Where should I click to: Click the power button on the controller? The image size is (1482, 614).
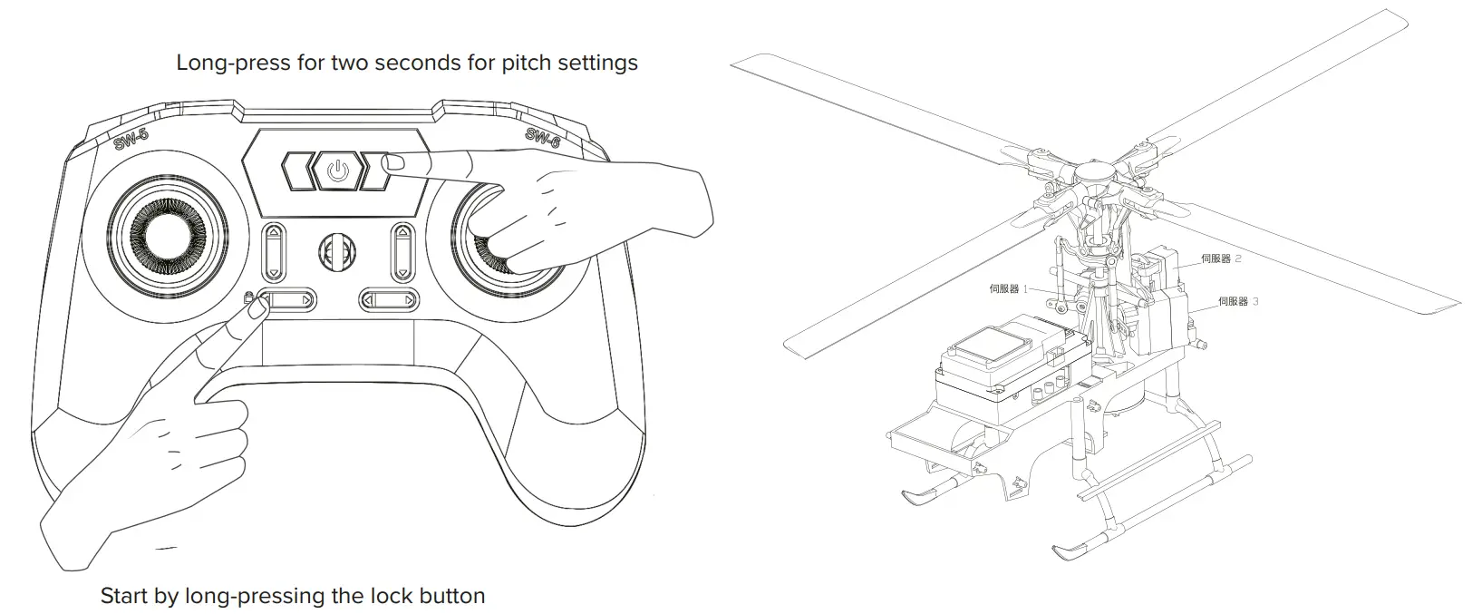[337, 171]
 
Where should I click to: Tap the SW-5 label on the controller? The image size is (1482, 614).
[132, 141]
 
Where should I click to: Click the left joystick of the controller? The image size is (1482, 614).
[166, 242]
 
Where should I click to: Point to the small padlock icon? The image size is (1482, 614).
[248, 297]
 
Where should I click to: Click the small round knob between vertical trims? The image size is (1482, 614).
[337, 251]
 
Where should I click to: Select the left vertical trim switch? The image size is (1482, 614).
[273, 253]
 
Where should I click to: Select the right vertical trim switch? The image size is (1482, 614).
[401, 253]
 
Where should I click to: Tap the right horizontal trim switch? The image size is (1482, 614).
[389, 298]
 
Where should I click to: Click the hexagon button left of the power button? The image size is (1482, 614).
[297, 171]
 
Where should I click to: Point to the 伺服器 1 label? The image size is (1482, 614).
[1009, 289]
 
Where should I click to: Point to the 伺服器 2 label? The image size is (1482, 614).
[1221, 258]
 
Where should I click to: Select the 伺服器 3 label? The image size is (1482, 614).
[1238, 301]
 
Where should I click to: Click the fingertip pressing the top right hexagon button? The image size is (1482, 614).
[394, 163]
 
